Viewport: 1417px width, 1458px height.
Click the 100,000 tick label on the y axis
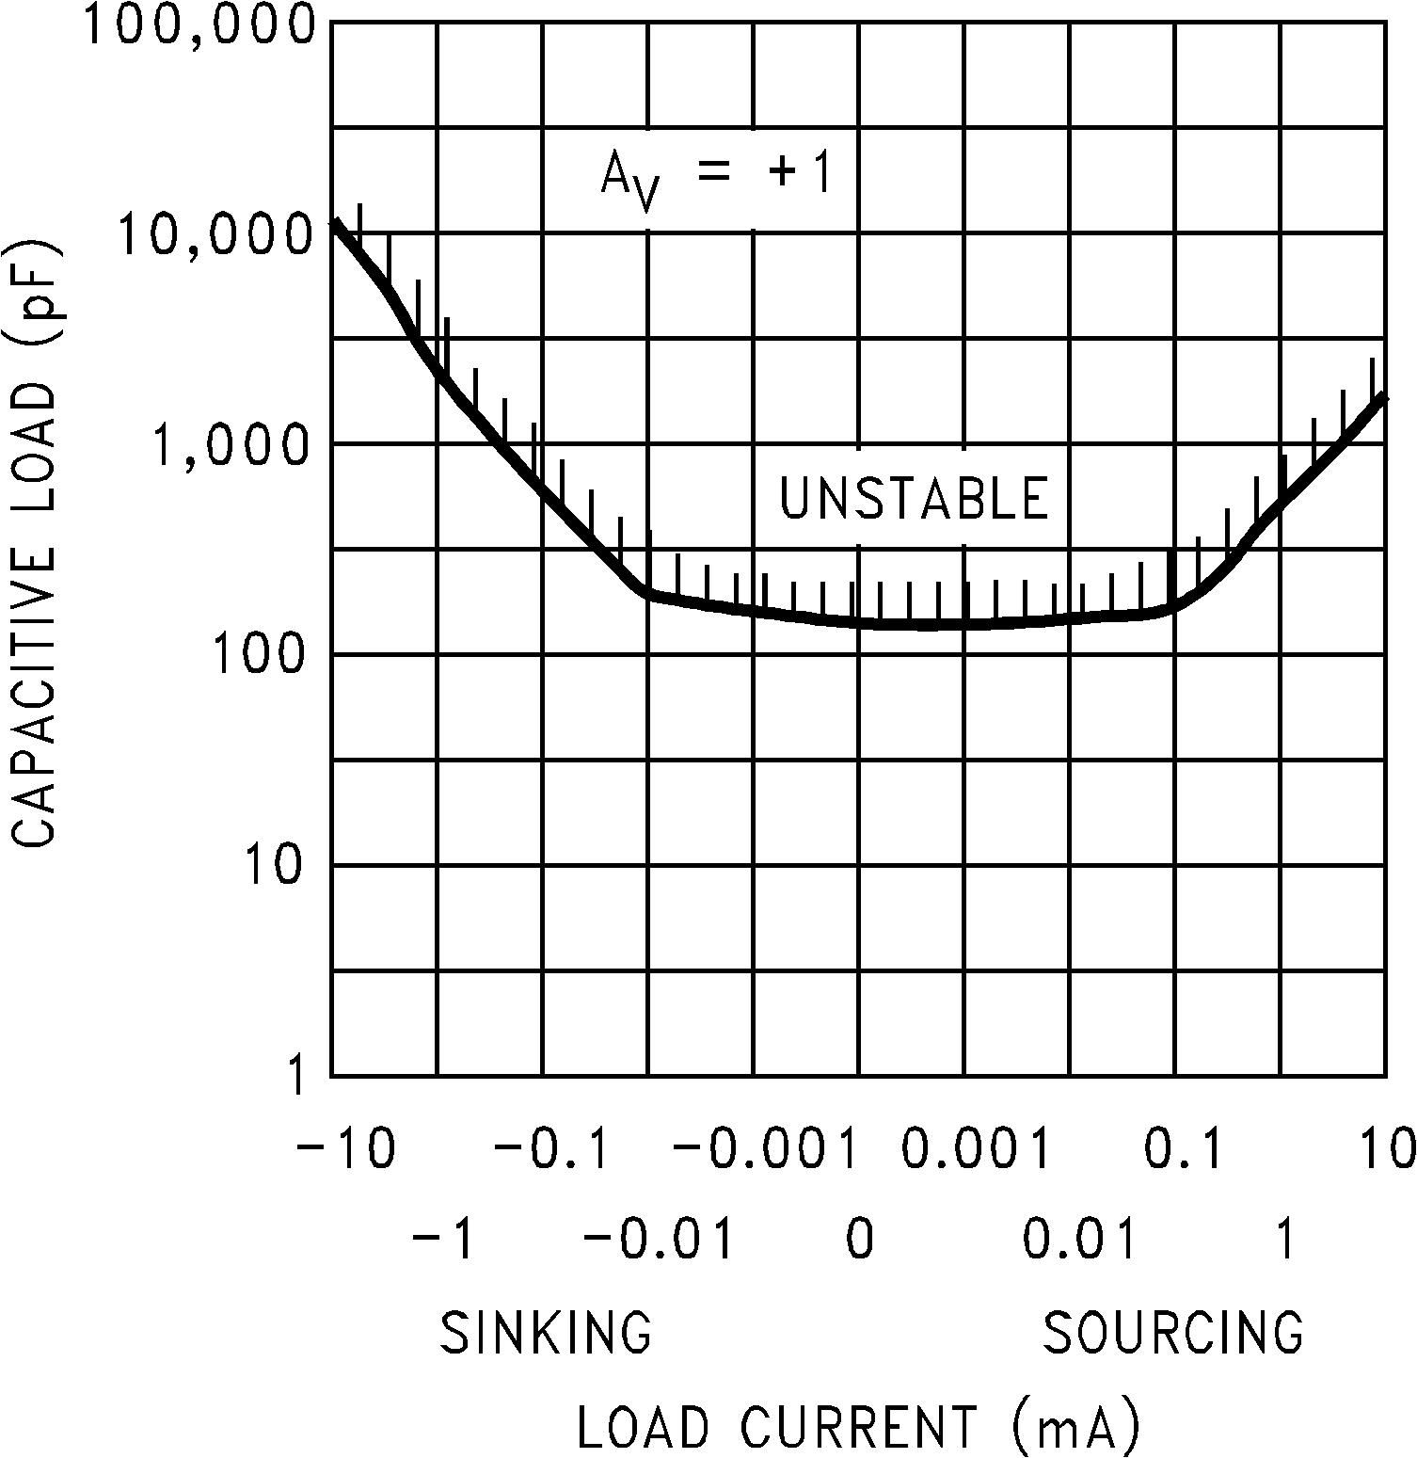199,25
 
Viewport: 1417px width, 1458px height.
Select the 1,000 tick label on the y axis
230,444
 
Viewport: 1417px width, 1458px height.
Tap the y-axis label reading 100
258,655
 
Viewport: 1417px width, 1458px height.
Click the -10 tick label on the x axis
344,1148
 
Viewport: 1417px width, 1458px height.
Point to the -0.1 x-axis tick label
554,1148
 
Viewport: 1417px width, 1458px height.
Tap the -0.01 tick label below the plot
658,1240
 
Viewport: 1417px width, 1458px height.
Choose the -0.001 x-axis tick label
766,1148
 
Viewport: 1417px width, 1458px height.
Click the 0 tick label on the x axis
859,1240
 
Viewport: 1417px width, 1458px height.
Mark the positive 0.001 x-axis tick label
976,1148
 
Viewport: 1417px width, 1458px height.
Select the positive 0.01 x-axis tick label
1079,1240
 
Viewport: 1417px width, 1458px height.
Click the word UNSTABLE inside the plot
914,499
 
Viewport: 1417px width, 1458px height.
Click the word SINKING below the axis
546,1332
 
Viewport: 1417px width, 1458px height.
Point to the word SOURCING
1173,1332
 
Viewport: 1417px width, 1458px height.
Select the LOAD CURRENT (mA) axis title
858,1427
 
